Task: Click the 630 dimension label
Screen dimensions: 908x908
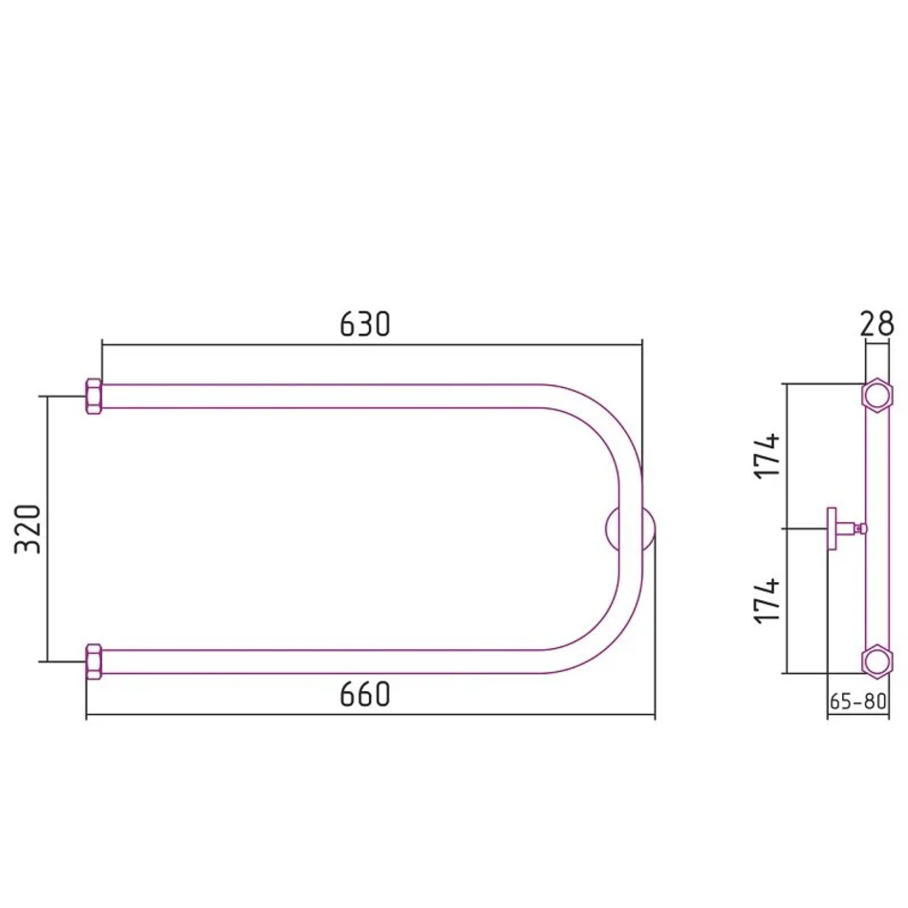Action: coord(365,324)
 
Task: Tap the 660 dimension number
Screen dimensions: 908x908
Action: coord(365,694)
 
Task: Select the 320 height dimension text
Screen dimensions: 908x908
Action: coord(28,530)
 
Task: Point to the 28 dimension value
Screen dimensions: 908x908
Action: coord(876,324)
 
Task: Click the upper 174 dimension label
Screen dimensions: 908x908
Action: coord(767,455)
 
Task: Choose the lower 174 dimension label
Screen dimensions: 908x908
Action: coord(767,600)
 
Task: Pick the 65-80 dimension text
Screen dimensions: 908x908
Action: coord(857,702)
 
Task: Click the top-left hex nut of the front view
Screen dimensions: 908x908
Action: coord(94,396)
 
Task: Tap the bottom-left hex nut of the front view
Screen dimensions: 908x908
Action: coord(94,661)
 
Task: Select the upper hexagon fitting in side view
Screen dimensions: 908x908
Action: coord(876,396)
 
